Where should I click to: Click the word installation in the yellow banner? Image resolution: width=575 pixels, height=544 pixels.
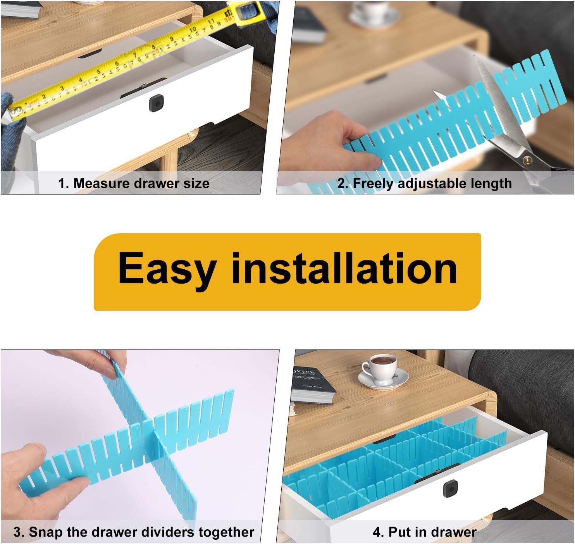click(344, 268)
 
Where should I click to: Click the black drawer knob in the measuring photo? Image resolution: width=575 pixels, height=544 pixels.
click(157, 103)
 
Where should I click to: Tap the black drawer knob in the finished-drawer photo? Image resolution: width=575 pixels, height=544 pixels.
click(451, 489)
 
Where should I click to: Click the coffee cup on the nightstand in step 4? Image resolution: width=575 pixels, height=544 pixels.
click(379, 368)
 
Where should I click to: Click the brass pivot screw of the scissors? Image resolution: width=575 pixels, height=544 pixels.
click(527, 160)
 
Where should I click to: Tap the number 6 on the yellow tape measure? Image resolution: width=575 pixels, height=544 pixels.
click(117, 63)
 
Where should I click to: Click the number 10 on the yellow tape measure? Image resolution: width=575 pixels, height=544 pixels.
click(193, 29)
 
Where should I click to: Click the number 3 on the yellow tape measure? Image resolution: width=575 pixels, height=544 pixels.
click(62, 88)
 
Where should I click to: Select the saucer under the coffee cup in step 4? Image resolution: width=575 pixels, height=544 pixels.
click(383, 379)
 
